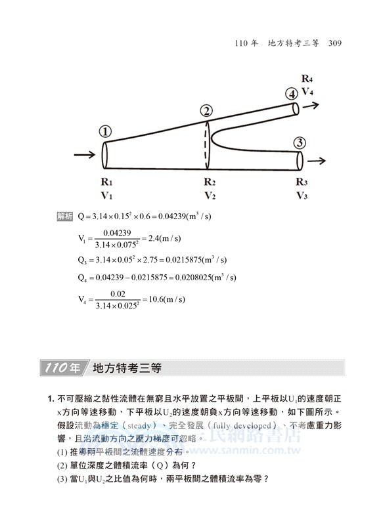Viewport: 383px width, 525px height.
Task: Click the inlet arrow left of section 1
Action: point(85,156)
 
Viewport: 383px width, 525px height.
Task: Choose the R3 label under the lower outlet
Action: point(302,182)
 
